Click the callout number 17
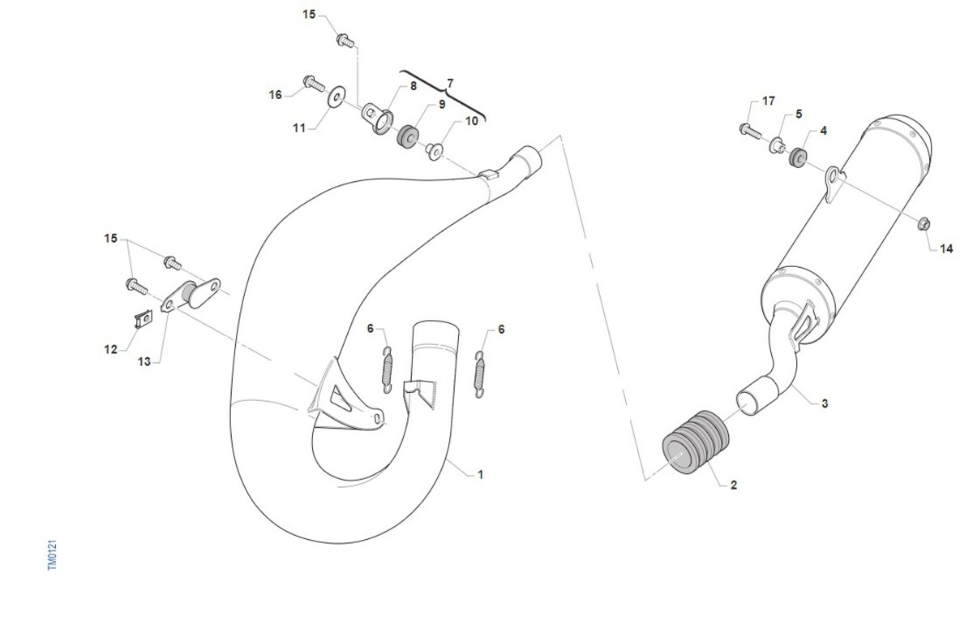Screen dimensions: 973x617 769,101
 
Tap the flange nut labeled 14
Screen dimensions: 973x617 924,223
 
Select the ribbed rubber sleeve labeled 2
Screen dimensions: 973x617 696,442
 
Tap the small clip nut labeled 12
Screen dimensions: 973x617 143,319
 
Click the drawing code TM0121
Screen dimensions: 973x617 52,554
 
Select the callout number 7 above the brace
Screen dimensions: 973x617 450,83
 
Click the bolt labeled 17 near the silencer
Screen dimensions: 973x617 750,131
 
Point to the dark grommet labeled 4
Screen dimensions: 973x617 798,157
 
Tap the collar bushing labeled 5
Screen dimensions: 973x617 777,145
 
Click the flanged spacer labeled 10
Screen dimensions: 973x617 434,150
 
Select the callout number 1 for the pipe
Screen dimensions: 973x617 480,474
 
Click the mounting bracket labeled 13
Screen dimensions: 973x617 191,295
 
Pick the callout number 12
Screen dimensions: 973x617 111,349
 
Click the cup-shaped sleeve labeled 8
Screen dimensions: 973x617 377,119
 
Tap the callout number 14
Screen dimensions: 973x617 946,248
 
